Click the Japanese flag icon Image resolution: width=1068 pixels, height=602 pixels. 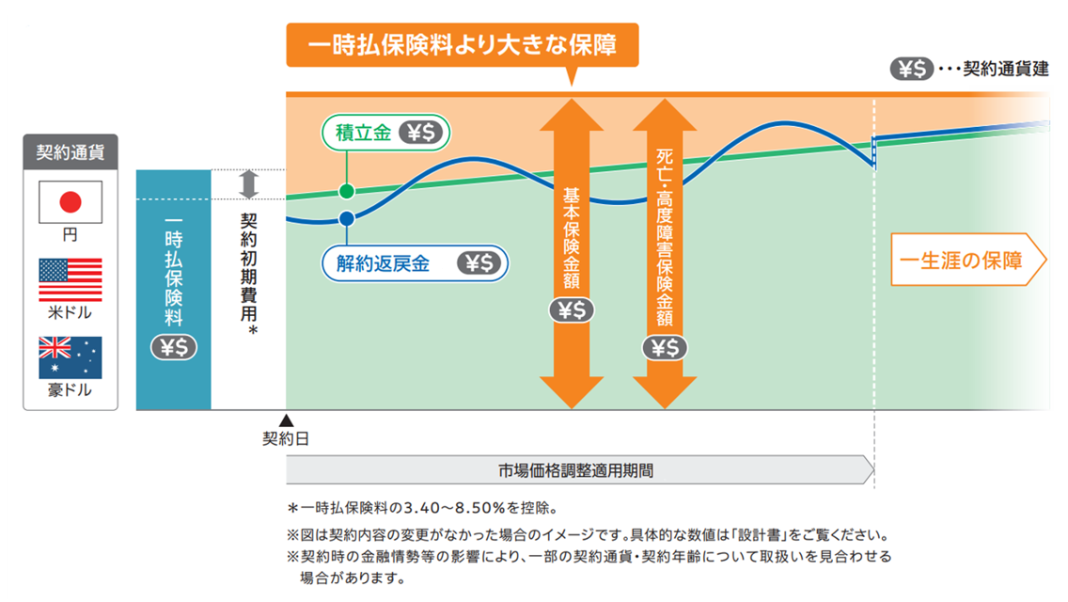(70, 201)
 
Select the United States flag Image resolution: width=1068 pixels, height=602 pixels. (70, 279)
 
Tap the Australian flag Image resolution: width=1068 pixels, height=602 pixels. (70, 357)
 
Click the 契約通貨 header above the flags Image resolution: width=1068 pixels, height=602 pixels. (71, 150)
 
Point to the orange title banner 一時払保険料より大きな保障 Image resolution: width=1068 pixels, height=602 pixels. (462, 45)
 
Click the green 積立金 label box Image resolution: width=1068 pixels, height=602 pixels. (385, 133)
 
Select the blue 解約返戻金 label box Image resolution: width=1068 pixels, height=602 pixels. (415, 263)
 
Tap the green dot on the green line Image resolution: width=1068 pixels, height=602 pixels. (346, 192)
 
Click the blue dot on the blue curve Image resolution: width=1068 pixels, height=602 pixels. (346, 219)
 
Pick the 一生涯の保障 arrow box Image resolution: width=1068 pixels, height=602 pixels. (967, 260)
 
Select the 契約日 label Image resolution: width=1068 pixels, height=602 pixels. (285, 438)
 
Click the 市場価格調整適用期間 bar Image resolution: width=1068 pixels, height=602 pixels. (578, 468)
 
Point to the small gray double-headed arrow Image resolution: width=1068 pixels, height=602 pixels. (248, 184)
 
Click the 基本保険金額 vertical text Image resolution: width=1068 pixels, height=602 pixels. (572, 239)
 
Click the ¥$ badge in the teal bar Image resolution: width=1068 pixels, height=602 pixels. (173, 347)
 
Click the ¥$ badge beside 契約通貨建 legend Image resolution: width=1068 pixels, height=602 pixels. (910, 69)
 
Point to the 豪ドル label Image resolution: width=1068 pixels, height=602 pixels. (70, 390)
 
